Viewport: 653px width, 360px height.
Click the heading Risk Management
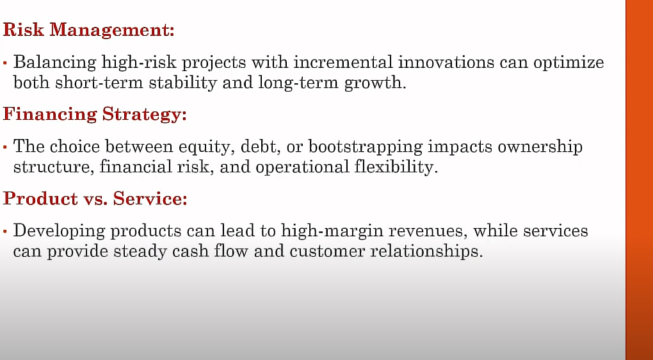(88, 30)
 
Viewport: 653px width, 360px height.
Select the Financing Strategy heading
(95, 114)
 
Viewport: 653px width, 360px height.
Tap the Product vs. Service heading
(95, 199)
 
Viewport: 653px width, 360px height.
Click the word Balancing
(56, 63)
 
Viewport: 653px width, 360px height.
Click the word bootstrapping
(365, 147)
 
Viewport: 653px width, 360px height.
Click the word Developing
(57, 231)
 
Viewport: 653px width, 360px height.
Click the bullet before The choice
(5, 147)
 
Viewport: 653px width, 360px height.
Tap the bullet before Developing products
(5, 232)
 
